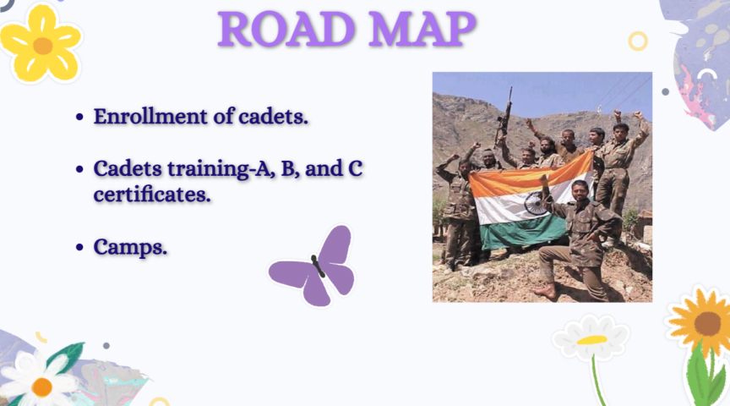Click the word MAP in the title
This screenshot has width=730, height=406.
pyautogui.click(x=422, y=30)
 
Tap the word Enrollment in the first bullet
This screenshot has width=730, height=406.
pyautogui.click(x=150, y=116)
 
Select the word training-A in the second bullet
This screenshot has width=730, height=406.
pyautogui.click(x=220, y=169)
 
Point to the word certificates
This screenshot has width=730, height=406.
pyautogui.click(x=152, y=195)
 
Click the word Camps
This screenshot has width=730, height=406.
pyautogui.click(x=130, y=247)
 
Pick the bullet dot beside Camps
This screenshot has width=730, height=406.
pyautogui.click(x=79, y=247)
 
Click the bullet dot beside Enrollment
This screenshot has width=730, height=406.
pyautogui.click(x=79, y=117)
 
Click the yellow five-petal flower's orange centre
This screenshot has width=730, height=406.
pyautogui.click(x=43, y=47)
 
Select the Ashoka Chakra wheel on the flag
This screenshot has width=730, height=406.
pyautogui.click(x=535, y=204)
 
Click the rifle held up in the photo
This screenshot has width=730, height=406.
pyautogui.click(x=504, y=117)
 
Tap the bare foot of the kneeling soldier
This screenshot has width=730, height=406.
pyautogui.click(x=545, y=291)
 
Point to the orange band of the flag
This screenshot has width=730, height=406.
pyautogui.click(x=531, y=177)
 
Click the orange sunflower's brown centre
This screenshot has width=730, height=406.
pyautogui.click(x=707, y=323)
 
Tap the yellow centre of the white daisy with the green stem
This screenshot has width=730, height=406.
pyautogui.click(x=591, y=340)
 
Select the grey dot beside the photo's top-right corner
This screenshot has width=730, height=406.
pyautogui.click(x=665, y=92)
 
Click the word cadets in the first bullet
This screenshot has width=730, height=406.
pyautogui.click(x=273, y=116)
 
